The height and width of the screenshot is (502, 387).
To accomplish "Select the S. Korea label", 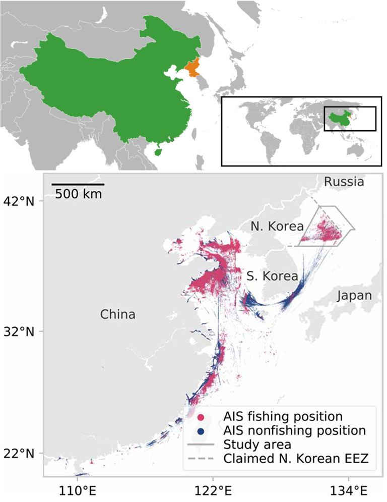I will click(272, 276).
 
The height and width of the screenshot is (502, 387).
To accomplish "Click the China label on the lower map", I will click(117, 315).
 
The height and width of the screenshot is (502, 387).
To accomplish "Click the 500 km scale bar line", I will click(78, 184).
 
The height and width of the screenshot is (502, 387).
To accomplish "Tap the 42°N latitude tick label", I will click(21, 201).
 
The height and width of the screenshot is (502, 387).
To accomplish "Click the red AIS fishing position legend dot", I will click(202, 417).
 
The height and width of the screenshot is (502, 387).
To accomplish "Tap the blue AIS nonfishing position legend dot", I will click(202, 431).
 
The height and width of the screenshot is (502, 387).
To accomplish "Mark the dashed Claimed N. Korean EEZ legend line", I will click(202, 459).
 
